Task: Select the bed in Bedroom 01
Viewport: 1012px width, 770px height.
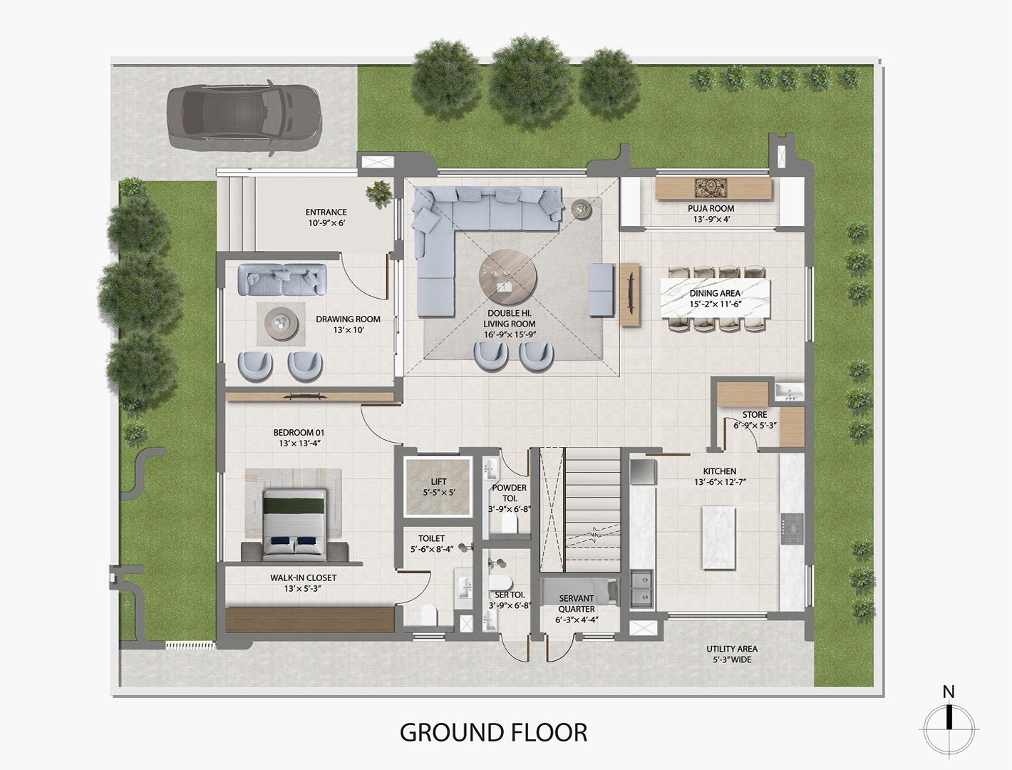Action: click(294, 525)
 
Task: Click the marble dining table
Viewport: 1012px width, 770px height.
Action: click(715, 298)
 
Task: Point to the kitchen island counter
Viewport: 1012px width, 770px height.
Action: click(719, 538)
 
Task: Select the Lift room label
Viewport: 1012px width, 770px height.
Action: click(438, 487)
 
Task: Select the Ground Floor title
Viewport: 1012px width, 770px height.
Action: click(493, 733)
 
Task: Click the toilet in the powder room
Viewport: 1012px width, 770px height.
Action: click(510, 523)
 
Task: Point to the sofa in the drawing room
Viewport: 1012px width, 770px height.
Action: click(282, 279)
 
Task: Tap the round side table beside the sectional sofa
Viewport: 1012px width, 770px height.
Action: click(581, 209)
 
